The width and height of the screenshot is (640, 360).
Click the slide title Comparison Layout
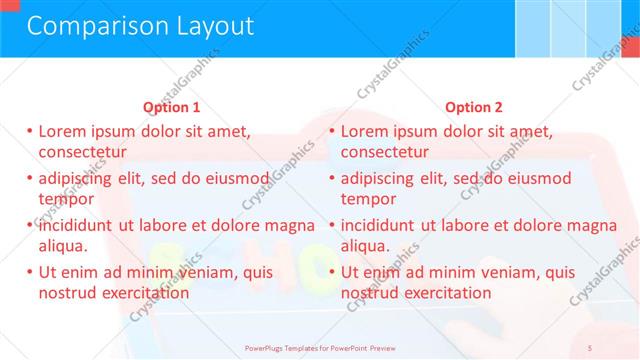[x=140, y=26]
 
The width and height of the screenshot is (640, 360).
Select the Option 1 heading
[x=172, y=107]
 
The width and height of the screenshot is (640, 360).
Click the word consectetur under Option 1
[x=82, y=152]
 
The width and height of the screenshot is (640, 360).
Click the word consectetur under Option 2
[x=385, y=152]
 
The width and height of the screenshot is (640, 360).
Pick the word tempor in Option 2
[x=369, y=198]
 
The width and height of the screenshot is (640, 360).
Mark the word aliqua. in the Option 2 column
[x=366, y=245]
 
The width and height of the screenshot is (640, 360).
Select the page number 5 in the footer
[x=589, y=347]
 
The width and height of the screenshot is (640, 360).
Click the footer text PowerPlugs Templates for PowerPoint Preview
[x=320, y=347]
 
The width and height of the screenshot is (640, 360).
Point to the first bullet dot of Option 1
[x=30, y=131]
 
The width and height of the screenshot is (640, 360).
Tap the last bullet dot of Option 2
[x=333, y=272]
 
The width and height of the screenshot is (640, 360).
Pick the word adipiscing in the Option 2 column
[x=378, y=178]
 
